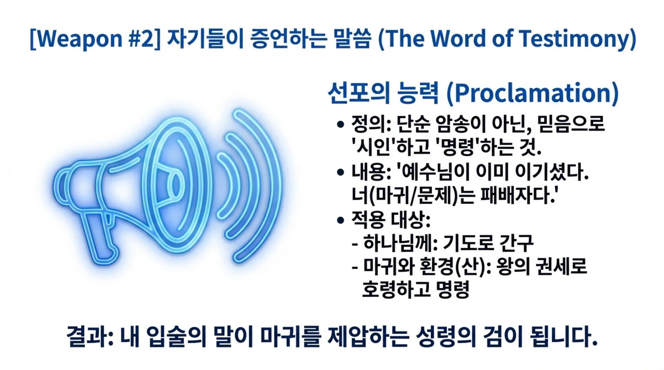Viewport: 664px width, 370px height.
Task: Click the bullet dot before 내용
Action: tap(341, 172)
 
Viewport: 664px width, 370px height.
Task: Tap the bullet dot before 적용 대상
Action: tap(341, 220)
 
